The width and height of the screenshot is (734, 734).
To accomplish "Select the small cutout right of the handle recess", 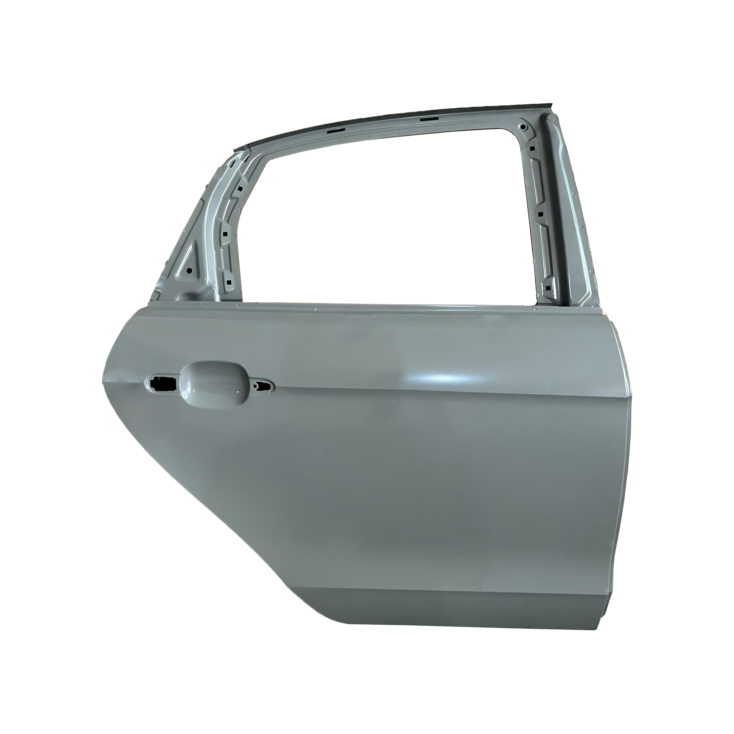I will [x=263, y=386].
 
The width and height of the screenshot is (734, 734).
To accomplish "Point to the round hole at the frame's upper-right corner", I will [x=524, y=127].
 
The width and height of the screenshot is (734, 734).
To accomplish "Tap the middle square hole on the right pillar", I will [x=539, y=214].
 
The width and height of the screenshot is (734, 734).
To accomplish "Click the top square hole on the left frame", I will [x=240, y=188].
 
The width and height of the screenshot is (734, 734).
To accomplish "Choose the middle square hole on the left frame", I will [x=225, y=234].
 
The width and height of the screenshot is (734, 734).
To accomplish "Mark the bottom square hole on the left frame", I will [x=229, y=283].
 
